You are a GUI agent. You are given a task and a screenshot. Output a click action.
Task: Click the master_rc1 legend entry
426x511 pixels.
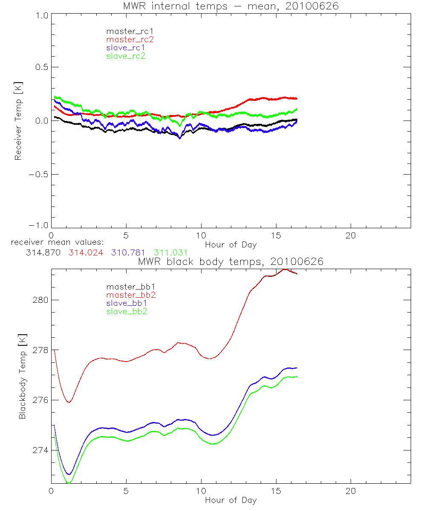(x=126, y=31)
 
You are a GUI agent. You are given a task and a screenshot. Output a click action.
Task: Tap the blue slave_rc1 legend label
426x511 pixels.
(x=126, y=48)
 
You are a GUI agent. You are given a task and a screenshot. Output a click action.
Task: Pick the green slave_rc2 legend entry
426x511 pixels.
(x=126, y=56)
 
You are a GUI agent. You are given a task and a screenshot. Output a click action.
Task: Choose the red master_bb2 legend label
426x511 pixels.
(x=131, y=295)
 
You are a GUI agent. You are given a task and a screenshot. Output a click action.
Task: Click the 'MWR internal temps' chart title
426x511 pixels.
(x=230, y=6)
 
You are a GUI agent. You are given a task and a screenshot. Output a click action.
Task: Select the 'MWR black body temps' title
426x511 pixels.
(x=230, y=261)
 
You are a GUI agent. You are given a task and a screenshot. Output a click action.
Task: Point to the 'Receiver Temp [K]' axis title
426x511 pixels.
(x=18, y=121)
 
